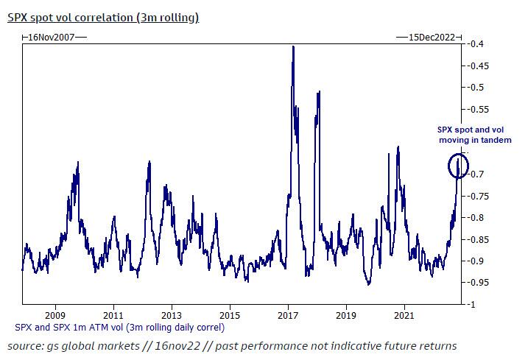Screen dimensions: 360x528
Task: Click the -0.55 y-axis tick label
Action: point(480,109)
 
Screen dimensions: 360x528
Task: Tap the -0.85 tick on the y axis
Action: point(480,239)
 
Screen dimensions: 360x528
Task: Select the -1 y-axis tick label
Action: point(473,304)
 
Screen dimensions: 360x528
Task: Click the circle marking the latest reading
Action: point(459,166)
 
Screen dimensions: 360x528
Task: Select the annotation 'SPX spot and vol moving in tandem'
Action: point(469,135)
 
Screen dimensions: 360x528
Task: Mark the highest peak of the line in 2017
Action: point(294,46)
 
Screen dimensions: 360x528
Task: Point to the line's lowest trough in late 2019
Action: point(368,285)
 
